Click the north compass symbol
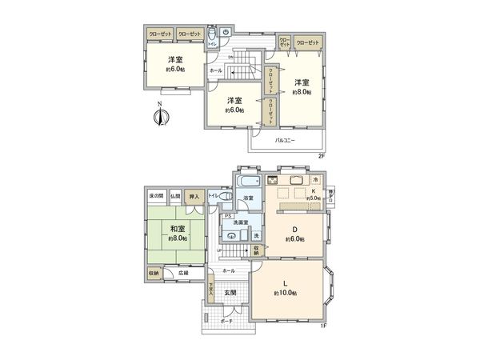(161, 118)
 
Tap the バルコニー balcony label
(286, 141)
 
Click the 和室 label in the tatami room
(177, 227)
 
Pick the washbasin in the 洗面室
(231, 236)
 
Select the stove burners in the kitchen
(282, 193)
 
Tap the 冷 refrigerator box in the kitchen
(317, 179)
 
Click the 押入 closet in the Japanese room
(194, 195)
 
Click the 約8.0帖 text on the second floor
(300, 92)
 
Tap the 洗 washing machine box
(256, 235)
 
